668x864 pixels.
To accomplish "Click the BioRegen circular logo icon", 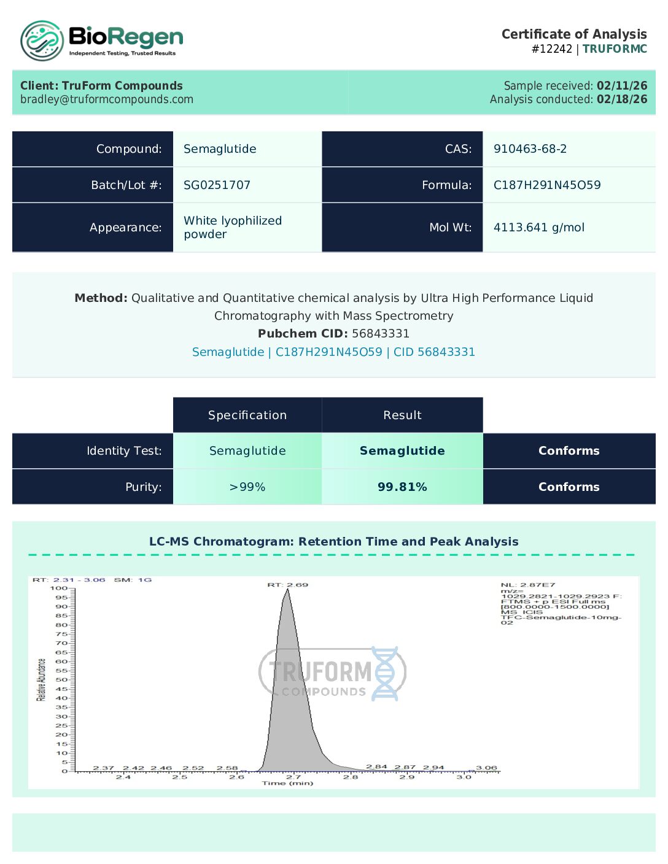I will [42, 41].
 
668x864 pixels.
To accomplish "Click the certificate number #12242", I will [552, 49].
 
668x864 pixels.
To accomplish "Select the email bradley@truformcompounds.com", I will [107, 99].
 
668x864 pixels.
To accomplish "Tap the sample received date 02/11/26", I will [621, 86].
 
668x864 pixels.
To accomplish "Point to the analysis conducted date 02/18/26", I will [621, 99].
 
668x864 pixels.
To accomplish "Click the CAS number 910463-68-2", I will [530, 149].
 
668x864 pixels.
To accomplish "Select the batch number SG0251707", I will [217, 185].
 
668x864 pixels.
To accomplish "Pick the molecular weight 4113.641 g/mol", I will [538, 228].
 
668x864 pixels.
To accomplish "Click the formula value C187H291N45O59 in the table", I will [547, 185].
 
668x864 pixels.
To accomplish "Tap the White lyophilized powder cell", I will [233, 228].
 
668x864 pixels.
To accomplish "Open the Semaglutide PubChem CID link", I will [333, 352].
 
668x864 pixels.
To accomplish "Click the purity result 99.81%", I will [402, 487].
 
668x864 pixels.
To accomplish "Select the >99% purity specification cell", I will [247, 487].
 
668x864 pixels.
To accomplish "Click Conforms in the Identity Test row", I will [569, 451].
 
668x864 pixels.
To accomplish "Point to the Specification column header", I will [247, 415].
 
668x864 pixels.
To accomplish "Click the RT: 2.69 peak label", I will [287, 585].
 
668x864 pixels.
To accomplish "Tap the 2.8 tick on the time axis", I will [351, 777].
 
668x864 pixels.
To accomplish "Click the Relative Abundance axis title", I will [42, 680].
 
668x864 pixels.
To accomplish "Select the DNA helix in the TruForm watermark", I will [386, 673].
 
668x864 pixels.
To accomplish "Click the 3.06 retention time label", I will [486, 768].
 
